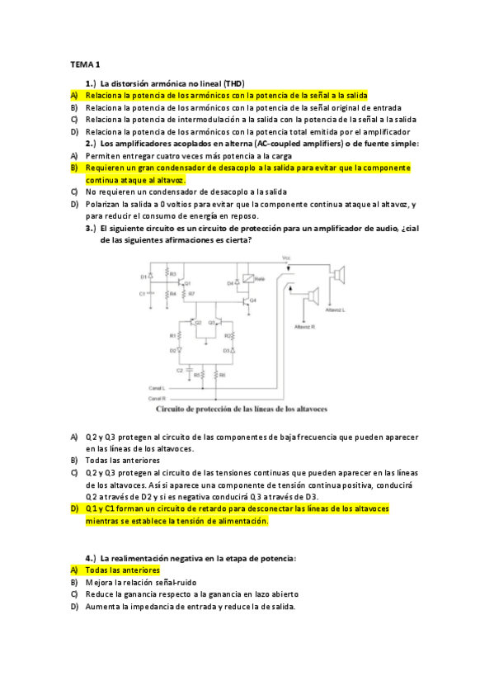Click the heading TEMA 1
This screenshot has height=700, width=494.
pyautogui.click(x=84, y=64)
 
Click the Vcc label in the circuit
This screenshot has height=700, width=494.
pyautogui.click(x=286, y=258)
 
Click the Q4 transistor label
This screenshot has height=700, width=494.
pyautogui.click(x=252, y=300)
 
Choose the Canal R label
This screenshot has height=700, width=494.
pyautogui.click(x=157, y=398)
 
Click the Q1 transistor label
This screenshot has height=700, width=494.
pyautogui.click(x=188, y=282)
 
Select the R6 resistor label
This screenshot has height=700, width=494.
pyautogui.click(x=223, y=374)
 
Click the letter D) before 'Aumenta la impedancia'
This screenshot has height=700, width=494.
pyautogui.click(x=73, y=606)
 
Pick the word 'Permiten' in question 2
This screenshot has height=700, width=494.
pyautogui.click(x=101, y=154)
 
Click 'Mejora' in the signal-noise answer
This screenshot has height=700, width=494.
pyautogui.click(x=99, y=582)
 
